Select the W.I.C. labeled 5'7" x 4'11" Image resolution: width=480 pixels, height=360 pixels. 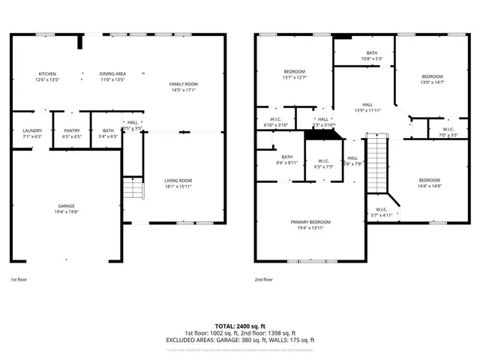381,212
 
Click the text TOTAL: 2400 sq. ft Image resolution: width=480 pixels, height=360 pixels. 240,327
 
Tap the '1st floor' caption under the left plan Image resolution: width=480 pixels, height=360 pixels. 18,280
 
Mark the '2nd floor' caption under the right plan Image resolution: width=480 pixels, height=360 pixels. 264,280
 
